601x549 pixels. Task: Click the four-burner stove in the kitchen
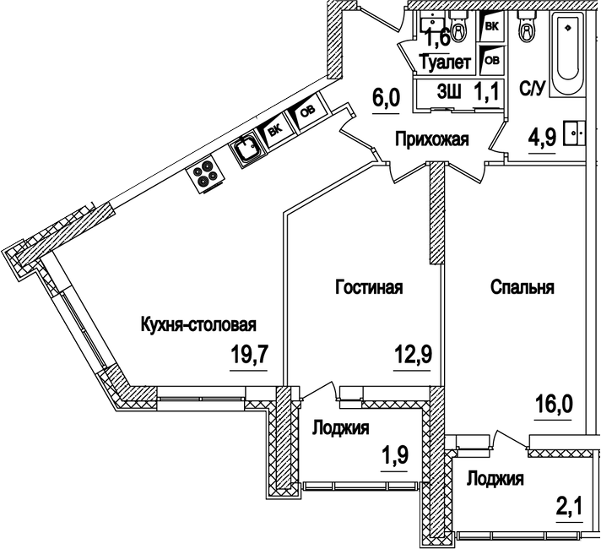click(x=205, y=173)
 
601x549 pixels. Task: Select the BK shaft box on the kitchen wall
click(x=274, y=130)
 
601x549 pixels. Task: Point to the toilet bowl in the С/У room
click(x=528, y=32)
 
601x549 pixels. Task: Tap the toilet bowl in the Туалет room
click(x=459, y=30)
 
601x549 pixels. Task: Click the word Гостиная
click(x=369, y=287)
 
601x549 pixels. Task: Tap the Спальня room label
click(x=522, y=287)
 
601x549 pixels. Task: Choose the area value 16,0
click(x=555, y=403)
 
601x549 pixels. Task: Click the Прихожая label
click(x=431, y=139)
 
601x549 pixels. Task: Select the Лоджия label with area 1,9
click(x=341, y=428)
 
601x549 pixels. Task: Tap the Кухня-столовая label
click(x=198, y=324)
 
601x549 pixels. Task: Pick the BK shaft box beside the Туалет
click(x=491, y=28)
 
